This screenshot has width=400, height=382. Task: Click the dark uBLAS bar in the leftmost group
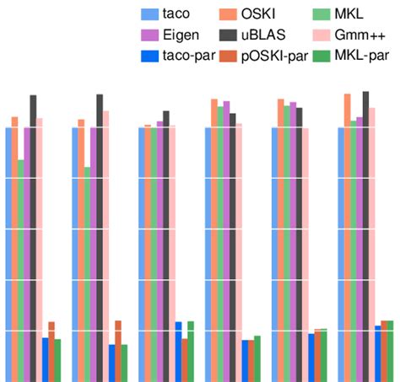(x=33, y=236)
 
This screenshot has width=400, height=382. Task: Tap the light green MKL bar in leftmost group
(x=20, y=270)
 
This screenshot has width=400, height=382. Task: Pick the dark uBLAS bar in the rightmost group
(x=365, y=236)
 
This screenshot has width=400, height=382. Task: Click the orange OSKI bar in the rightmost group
(x=347, y=236)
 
